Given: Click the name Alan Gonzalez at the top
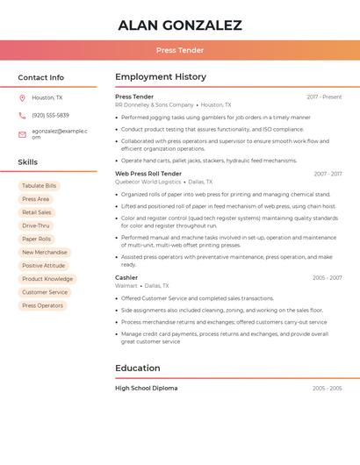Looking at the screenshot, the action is point(180,25).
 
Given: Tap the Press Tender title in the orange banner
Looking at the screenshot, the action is point(180,51).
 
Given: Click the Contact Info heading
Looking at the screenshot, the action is point(40,77).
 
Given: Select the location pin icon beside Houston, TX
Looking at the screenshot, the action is point(22,98).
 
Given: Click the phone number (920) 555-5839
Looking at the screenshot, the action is point(50,115).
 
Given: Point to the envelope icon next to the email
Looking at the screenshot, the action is point(22,134).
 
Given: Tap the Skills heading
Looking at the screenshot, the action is point(27,162).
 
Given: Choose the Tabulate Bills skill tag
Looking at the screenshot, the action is point(39,186).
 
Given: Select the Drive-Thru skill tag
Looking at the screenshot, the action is point(36,225).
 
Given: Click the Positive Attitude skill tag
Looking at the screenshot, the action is point(44,265).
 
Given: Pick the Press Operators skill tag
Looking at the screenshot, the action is point(42,305).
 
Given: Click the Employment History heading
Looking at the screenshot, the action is point(161,77).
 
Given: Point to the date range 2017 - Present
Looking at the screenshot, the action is point(324,97).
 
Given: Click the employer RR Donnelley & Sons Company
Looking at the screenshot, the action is point(155,104).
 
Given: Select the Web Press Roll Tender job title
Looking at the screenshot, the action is point(148,174).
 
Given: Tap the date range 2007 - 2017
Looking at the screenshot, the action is point(328,174).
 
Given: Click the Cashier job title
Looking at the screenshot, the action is point(126,277).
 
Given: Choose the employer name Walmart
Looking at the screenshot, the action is point(126,285).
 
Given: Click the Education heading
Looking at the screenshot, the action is point(138,368).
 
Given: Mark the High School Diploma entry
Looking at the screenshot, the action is point(147,388).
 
